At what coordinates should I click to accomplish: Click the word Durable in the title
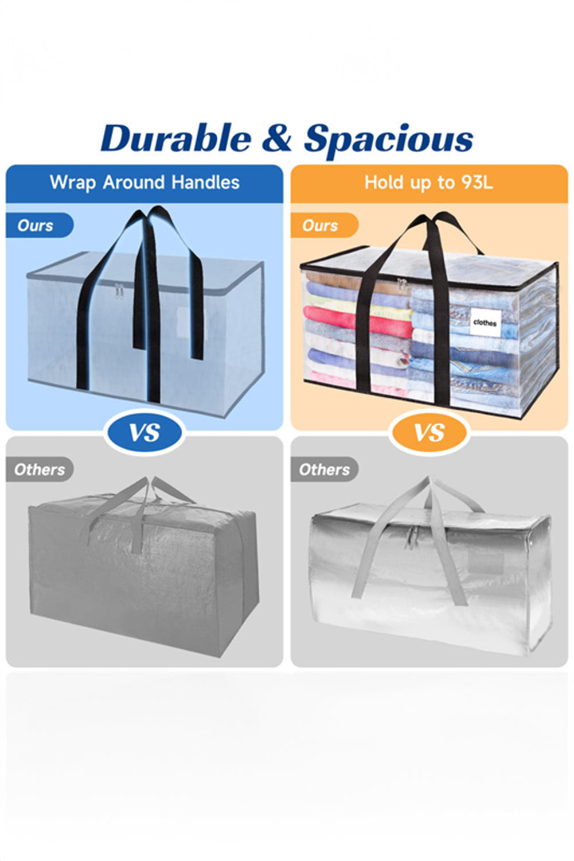(175, 139)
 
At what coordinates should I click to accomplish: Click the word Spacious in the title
(389, 139)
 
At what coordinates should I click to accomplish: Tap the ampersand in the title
(277, 139)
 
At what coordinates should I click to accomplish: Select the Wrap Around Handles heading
(145, 183)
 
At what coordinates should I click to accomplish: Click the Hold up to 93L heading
(429, 183)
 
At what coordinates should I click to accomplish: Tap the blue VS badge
(145, 432)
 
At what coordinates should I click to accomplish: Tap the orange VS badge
(429, 432)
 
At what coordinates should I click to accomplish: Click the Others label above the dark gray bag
(39, 470)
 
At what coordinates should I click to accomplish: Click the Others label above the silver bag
(324, 470)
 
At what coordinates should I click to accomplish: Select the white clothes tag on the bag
(485, 322)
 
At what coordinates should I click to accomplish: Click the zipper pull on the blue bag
(120, 292)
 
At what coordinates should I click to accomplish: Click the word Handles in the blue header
(205, 183)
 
